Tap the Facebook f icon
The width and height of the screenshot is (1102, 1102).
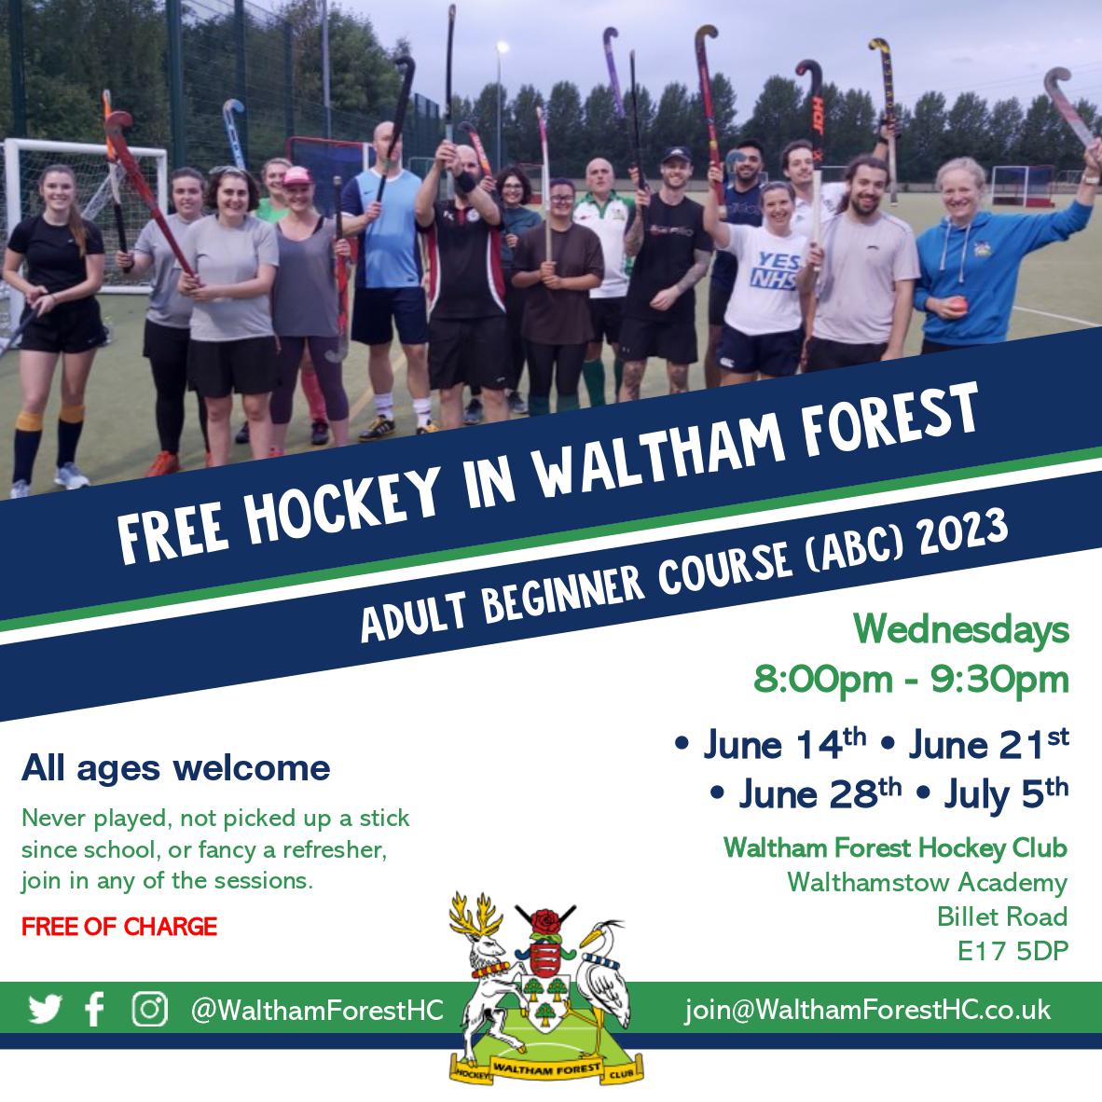pyautogui.click(x=94, y=1010)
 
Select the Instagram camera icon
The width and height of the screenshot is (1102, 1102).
pyautogui.click(x=149, y=1009)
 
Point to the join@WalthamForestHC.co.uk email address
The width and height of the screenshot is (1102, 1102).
pyautogui.click(x=867, y=1010)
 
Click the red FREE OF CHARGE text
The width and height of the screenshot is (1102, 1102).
pyautogui.click(x=119, y=927)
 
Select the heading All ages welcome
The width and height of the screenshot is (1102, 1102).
pyautogui.click(x=175, y=768)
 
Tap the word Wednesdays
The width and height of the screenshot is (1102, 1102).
pyautogui.click(x=960, y=631)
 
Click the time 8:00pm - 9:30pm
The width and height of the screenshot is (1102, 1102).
pyautogui.click(x=911, y=680)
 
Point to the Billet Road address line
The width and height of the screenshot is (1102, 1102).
pyautogui.click(x=1002, y=917)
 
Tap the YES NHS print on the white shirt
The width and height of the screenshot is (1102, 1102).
pyautogui.click(x=776, y=268)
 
